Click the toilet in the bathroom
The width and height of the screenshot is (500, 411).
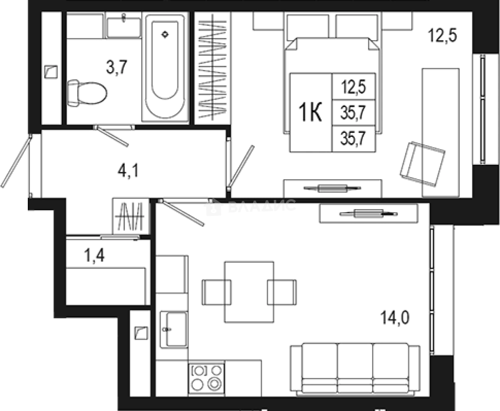pos(87,93)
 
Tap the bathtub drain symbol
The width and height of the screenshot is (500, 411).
pos(165,35)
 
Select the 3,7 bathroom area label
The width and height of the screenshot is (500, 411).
pos(116,67)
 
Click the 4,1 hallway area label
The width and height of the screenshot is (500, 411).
pos(128,171)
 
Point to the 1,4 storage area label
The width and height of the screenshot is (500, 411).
pos(94,256)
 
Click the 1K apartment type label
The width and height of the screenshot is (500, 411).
pos(310,112)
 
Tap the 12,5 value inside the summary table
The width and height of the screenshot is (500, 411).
pos(354,87)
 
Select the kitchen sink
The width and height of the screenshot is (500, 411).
pos(173,330)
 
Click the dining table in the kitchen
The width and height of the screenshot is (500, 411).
pos(249,292)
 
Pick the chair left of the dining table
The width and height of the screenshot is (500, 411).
pos(217,292)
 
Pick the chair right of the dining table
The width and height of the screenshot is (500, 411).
pos(282,292)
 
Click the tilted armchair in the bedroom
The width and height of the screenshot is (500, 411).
pos(423,164)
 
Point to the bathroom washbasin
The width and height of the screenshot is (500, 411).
pos(124,27)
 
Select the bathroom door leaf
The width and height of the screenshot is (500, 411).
pos(111,136)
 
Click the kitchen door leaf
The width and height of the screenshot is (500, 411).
pos(181,213)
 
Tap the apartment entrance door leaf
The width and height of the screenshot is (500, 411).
pos(17,161)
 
